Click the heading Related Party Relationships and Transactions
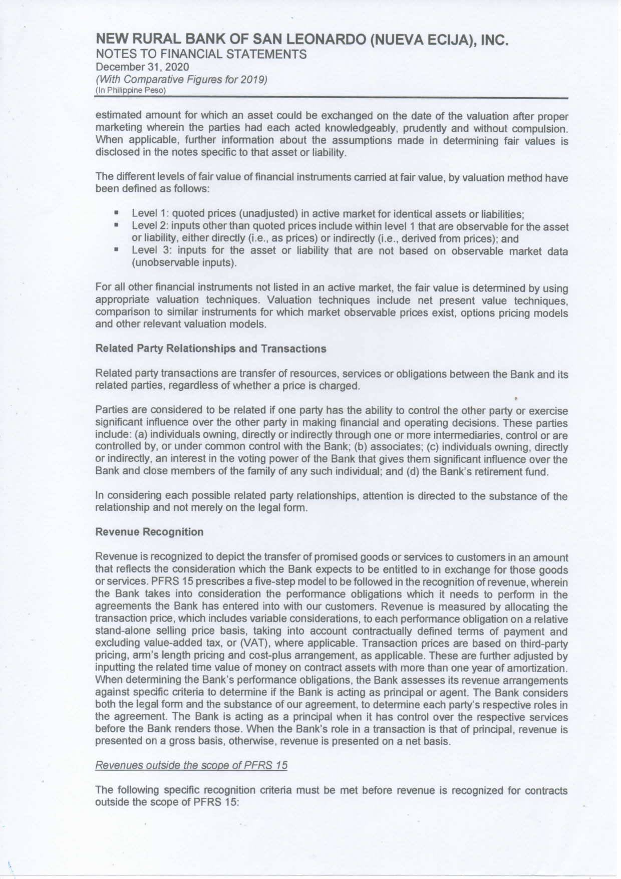(210, 349)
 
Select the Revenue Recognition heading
(149, 532)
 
